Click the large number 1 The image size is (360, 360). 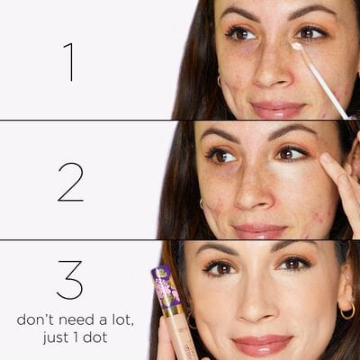coord(68,61)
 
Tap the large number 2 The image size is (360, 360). coord(70,181)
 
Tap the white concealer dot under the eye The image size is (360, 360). coord(296,46)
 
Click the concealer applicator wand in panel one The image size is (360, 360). coord(324,81)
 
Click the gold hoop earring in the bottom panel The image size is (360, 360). coord(346,310)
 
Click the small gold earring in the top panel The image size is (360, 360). coord(219,81)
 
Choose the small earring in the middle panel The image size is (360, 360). coord(202,204)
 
